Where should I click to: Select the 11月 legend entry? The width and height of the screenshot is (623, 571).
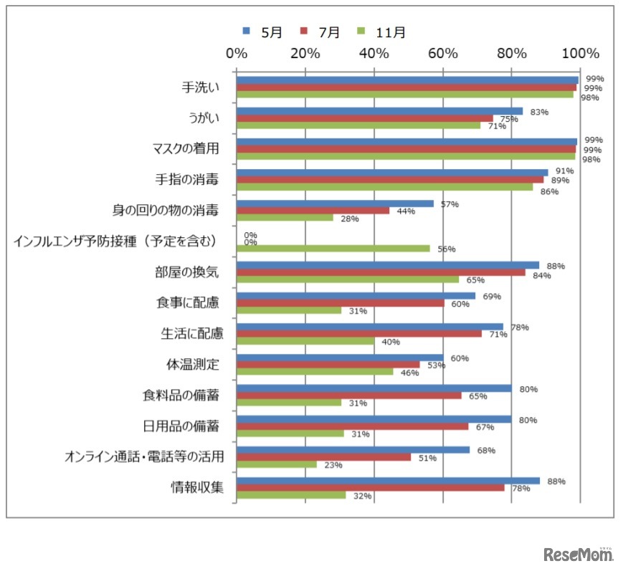[x=384, y=32]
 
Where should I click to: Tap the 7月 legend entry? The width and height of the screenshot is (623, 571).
[x=323, y=32]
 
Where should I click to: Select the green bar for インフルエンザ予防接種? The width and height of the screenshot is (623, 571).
[x=333, y=249]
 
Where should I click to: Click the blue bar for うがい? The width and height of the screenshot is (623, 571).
[x=380, y=111]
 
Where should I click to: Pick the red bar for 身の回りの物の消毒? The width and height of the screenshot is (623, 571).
[x=313, y=211]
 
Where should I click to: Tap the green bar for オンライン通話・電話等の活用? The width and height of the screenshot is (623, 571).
[x=277, y=464]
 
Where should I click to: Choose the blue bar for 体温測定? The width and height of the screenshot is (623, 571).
[x=341, y=358]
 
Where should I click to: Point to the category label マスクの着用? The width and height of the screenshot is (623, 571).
[x=186, y=149]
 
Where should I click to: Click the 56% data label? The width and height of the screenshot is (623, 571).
[x=446, y=249]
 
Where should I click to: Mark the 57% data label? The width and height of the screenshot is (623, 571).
[x=450, y=204]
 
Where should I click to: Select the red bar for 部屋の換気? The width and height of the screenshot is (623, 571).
[x=381, y=272]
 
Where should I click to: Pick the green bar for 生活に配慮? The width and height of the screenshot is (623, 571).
[x=305, y=341]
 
